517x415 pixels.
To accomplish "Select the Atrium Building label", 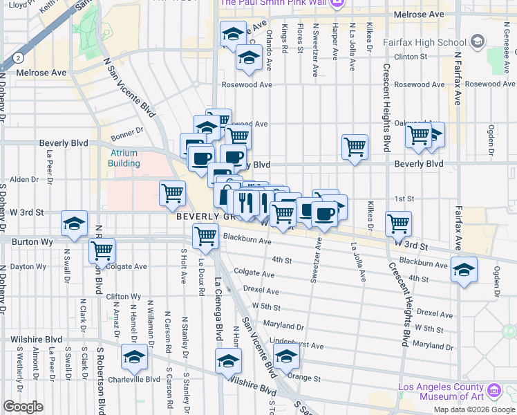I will [x=124, y=158].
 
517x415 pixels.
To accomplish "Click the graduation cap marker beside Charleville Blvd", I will [x=134, y=358].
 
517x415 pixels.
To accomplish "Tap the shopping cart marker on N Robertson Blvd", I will [x=102, y=251].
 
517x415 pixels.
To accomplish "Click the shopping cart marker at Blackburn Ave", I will [x=207, y=237].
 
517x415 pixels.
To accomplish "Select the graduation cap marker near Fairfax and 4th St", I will [x=464, y=269].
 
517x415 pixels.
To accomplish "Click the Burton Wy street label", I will [x=28, y=242].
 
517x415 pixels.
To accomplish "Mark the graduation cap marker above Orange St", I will [x=285, y=357].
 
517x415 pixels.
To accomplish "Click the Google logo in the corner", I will [x=23, y=407].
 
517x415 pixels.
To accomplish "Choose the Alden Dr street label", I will [x=25, y=179].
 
